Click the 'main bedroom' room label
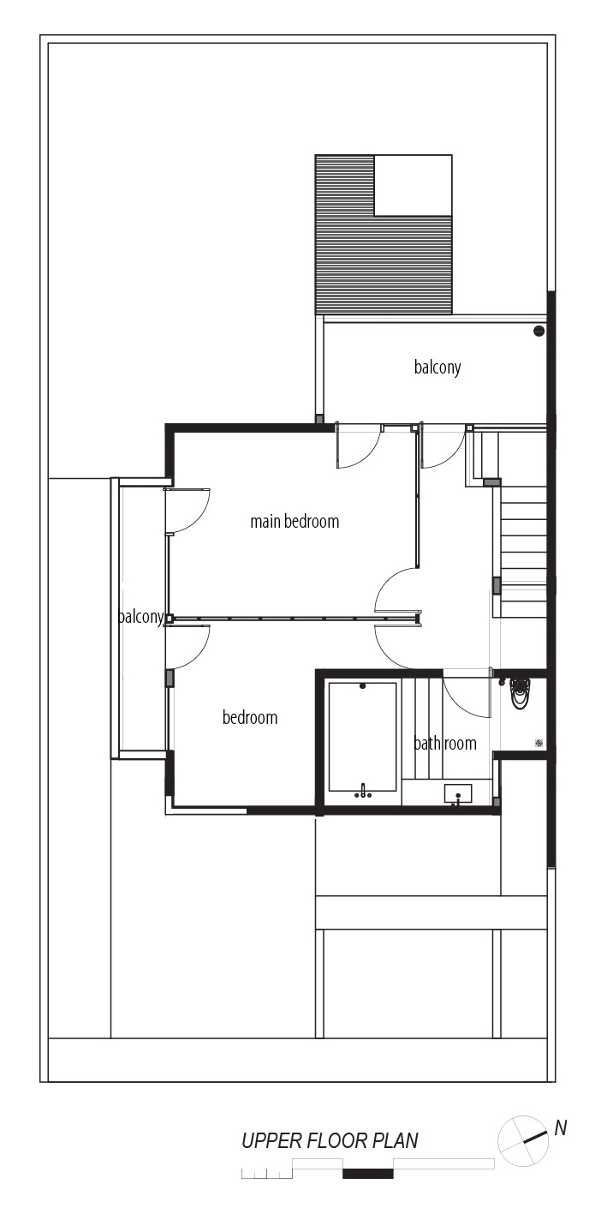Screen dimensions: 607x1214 click(295, 522)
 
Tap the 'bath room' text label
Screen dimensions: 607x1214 click(445, 743)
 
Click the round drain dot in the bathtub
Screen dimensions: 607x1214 click(362, 686)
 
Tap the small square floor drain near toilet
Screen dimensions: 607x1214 click(539, 743)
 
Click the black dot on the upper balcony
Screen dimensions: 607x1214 click(539, 331)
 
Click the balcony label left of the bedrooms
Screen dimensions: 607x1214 click(140, 617)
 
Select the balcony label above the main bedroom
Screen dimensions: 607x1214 click(437, 368)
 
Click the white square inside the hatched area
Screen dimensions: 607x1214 click(414, 185)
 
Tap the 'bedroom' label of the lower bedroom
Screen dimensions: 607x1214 click(250, 718)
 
